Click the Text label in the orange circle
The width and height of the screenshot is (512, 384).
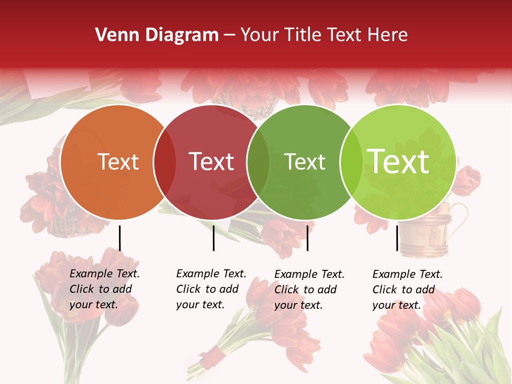[x=118, y=162]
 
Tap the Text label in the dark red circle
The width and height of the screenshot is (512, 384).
[x=212, y=162]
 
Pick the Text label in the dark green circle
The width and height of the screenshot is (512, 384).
[x=305, y=162]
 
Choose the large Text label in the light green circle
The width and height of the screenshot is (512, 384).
[x=398, y=162]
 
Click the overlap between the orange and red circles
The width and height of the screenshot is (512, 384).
[x=164, y=162]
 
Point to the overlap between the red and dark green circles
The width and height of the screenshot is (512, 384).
[x=258, y=162]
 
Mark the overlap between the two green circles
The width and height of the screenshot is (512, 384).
[x=351, y=162]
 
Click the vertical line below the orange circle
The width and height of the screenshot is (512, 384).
[x=120, y=238]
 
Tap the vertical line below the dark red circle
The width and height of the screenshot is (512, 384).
[x=213, y=238]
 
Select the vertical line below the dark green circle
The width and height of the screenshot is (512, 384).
[x=307, y=238]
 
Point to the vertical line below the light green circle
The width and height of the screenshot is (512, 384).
[x=397, y=238]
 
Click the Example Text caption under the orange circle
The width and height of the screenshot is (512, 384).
[x=105, y=289]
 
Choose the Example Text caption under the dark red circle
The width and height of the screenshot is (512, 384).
[x=211, y=289]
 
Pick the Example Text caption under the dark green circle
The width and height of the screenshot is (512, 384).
[x=309, y=290]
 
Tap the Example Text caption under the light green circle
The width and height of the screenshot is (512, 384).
[x=407, y=290]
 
